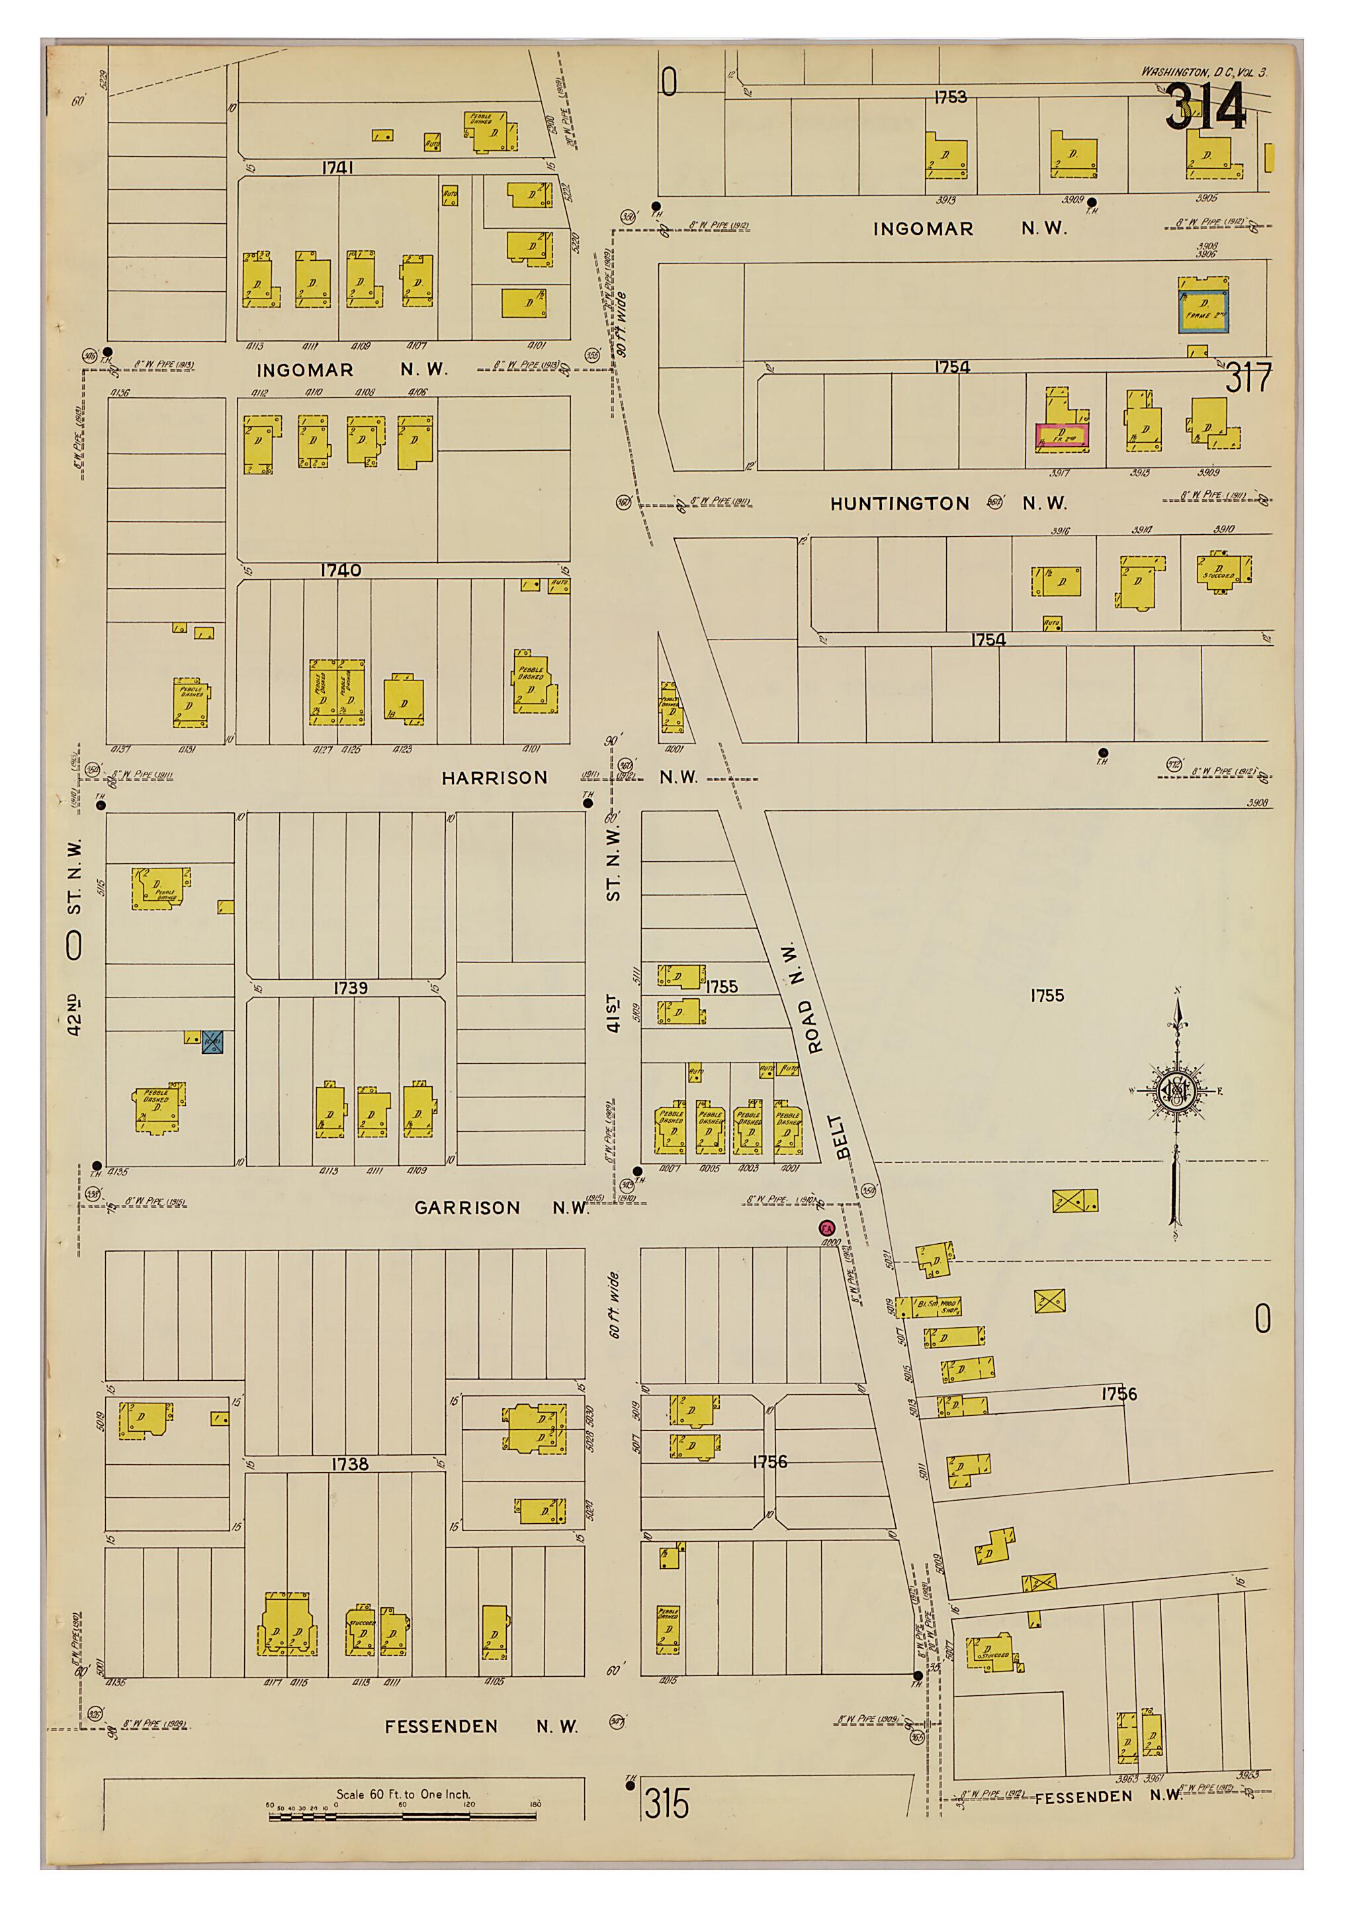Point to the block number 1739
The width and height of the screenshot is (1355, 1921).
351,988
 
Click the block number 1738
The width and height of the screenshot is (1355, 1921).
349,1464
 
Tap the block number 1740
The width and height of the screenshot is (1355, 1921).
341,571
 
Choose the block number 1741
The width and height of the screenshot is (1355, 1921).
338,168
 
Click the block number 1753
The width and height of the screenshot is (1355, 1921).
950,97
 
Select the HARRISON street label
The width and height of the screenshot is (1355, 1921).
494,778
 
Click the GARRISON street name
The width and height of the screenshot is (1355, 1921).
466,1208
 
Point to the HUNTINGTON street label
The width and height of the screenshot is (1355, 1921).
899,504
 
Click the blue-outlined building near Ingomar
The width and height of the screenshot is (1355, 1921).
1203,305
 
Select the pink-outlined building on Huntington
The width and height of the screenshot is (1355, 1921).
1061,436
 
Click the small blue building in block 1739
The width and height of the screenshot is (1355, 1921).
212,1042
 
